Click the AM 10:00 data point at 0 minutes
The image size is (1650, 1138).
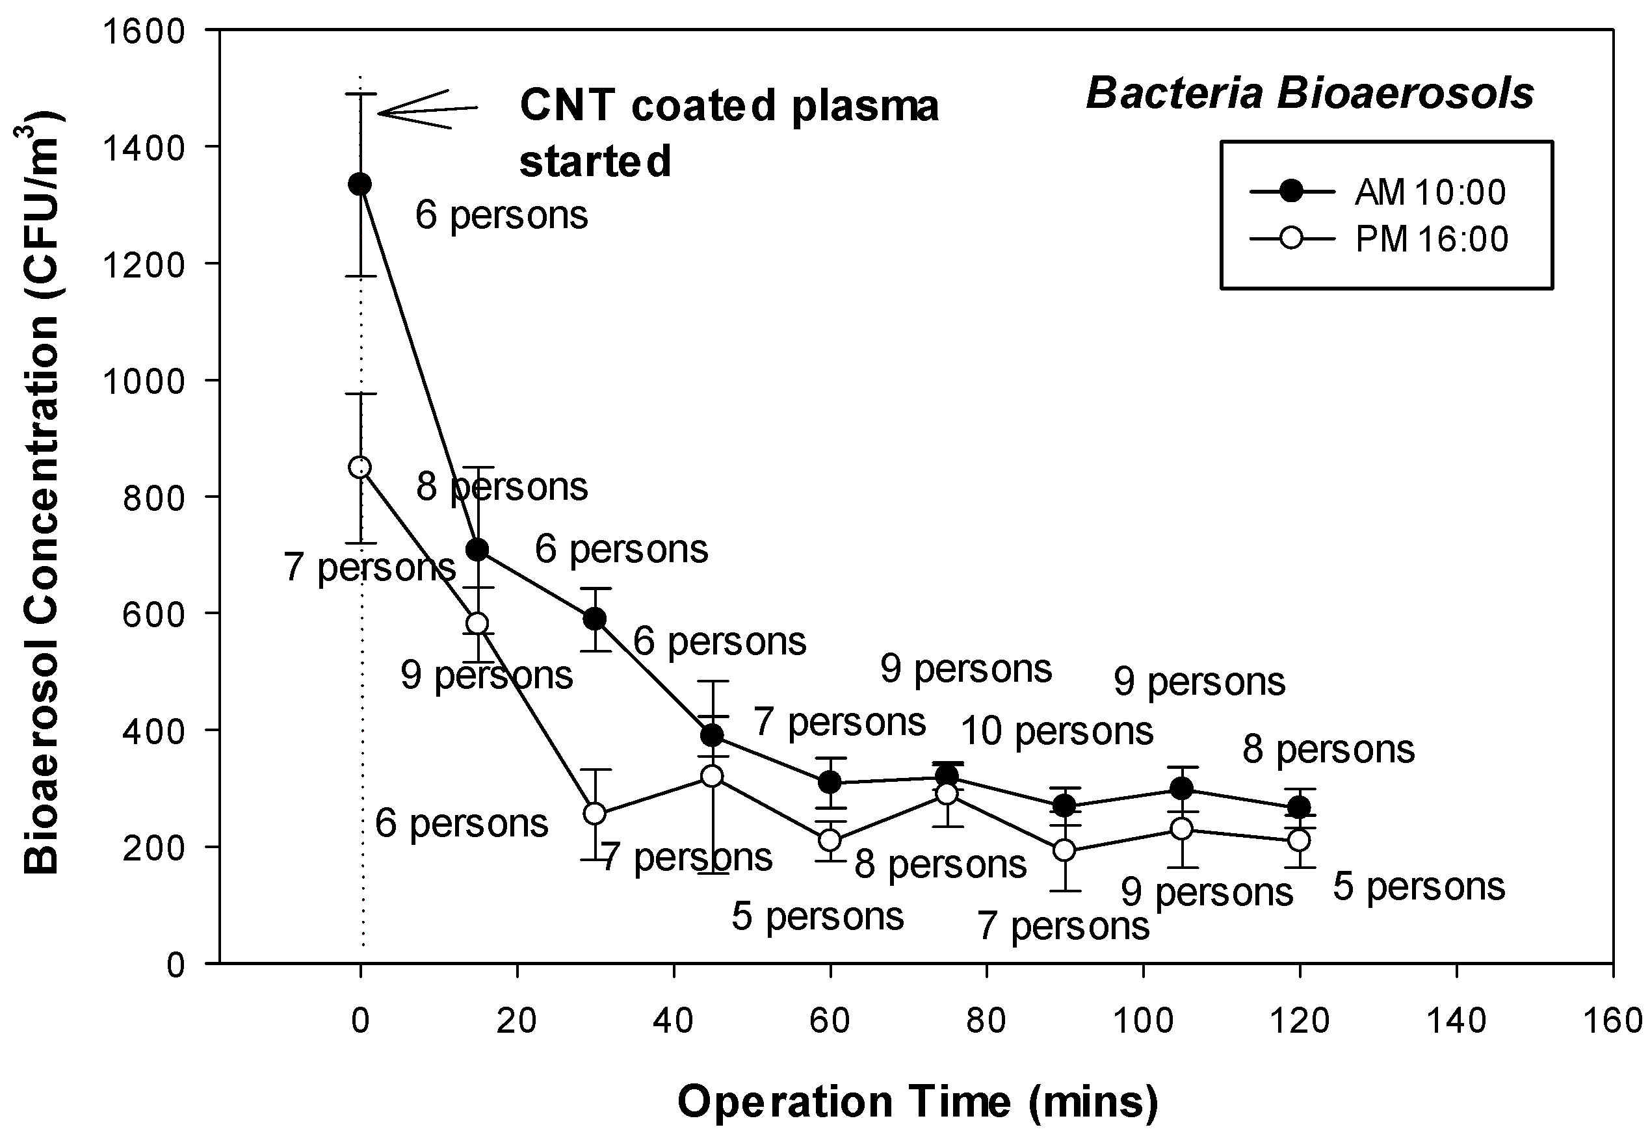(360, 184)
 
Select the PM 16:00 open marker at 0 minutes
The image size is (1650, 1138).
(360, 468)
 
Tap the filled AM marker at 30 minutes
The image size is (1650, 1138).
(595, 619)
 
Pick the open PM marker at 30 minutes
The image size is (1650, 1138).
(595, 814)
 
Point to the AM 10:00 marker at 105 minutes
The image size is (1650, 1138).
(1181, 788)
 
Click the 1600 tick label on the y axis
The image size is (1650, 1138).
(144, 31)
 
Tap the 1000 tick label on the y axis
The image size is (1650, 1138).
(144, 381)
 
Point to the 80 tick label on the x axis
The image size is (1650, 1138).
(986, 1021)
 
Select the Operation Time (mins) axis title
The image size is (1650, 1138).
(917, 1102)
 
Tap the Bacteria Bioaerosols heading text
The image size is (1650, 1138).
(1309, 94)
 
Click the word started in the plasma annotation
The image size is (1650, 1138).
(595, 161)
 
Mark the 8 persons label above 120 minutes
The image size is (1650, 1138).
(1328, 749)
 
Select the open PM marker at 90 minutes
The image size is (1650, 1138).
(1064, 850)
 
